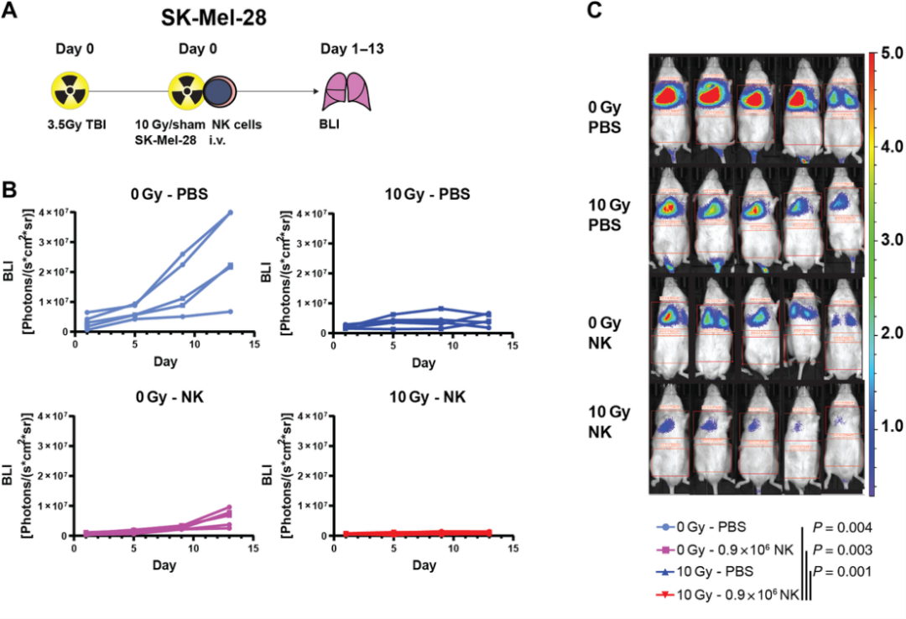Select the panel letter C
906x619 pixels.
pos(594,11)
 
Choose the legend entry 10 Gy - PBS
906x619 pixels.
pos(704,572)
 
